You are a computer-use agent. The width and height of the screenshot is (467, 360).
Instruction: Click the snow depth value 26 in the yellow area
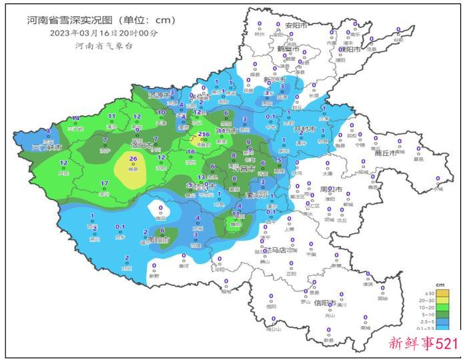point(133,159)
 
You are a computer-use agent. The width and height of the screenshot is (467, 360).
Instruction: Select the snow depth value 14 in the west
point(76,118)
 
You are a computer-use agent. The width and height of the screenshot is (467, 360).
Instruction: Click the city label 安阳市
point(296,25)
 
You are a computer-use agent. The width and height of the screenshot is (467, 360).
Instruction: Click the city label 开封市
point(308,129)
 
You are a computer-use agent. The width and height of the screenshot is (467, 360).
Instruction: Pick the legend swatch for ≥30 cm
point(442,293)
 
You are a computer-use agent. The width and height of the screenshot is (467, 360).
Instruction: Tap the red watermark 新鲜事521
point(423,344)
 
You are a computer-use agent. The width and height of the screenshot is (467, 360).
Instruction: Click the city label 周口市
point(330,190)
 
